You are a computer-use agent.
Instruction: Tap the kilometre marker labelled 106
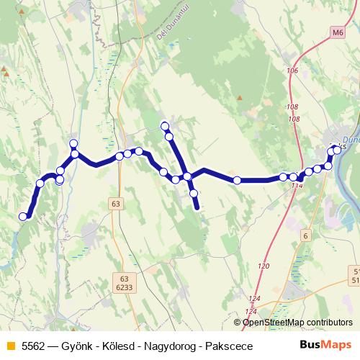(292, 71)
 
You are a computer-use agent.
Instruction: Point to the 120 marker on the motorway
(264, 266)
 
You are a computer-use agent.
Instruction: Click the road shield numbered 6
(305, 235)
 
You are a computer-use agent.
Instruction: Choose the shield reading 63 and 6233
(125, 282)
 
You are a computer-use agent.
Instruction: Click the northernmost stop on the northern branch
(165, 126)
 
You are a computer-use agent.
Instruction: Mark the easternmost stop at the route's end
(337, 150)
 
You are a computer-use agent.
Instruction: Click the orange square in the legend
(11, 345)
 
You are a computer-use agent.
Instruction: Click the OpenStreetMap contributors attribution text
(297, 323)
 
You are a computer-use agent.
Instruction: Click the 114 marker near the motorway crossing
(297, 186)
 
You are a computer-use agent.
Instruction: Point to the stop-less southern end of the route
(197, 208)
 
